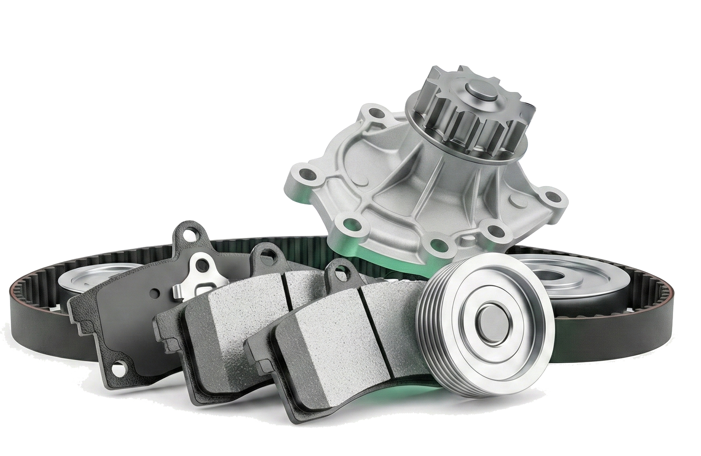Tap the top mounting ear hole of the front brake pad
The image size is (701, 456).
339,274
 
